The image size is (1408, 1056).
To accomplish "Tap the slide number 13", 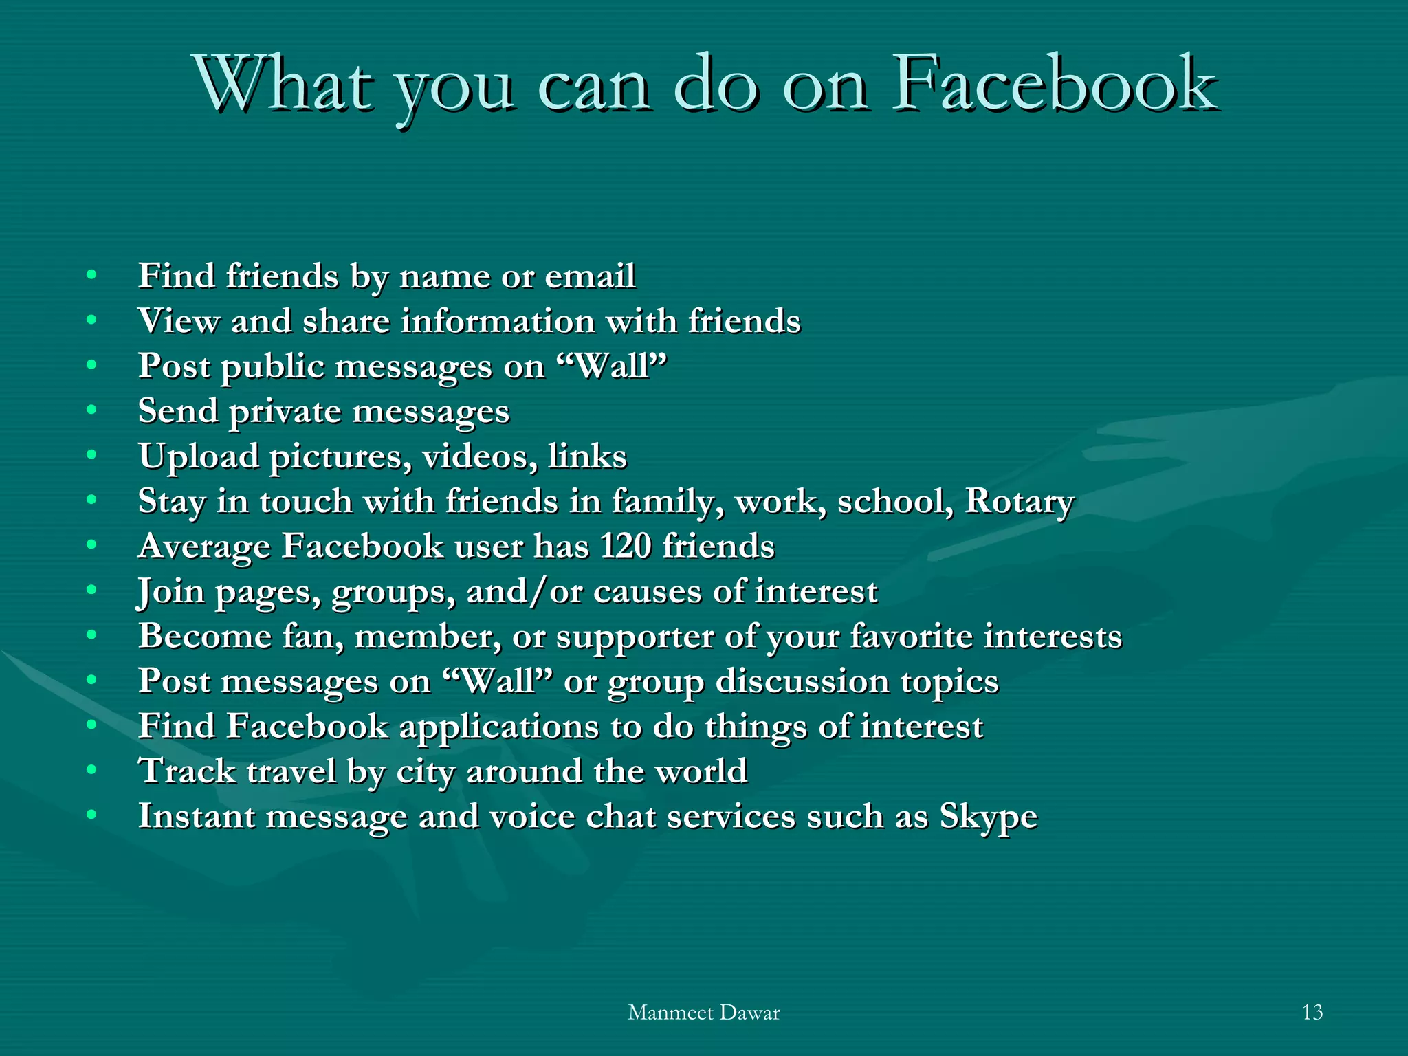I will coord(1312,1012).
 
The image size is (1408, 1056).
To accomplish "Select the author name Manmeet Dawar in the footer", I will coord(704,1013).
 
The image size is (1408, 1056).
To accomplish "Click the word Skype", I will coord(988,817).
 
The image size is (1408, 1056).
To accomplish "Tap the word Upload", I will coord(198,456).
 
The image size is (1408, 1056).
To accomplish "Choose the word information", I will coord(498,321).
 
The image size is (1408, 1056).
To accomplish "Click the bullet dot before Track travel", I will coord(91,770).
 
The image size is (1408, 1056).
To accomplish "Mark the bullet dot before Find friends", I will coord(91,275).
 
